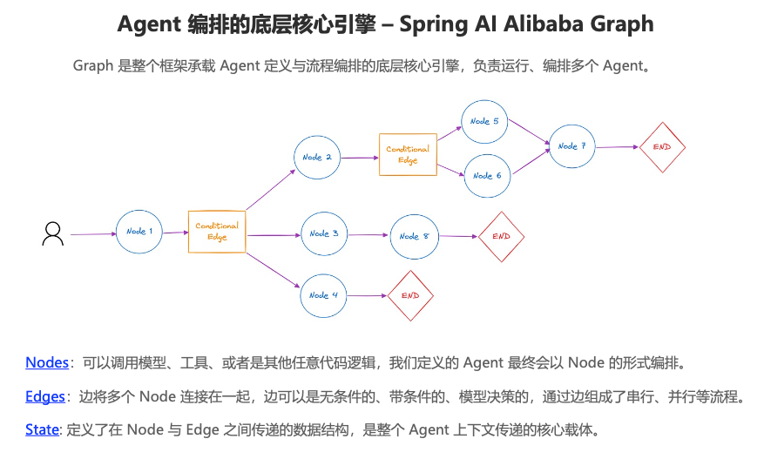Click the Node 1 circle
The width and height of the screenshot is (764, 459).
140,232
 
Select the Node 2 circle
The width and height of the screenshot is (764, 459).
317,158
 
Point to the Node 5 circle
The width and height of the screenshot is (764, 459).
485,122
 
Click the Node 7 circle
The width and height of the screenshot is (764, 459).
571,146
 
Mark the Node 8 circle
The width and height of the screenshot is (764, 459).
414,236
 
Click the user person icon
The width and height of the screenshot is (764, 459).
53,233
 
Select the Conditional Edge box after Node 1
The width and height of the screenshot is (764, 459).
217,232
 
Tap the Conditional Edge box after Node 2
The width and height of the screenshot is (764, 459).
408,154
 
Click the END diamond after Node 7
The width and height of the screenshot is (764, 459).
662,146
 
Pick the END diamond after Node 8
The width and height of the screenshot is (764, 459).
501,236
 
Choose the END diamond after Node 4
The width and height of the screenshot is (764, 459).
410,295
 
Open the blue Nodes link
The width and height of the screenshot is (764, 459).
47,362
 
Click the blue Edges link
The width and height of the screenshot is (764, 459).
45,396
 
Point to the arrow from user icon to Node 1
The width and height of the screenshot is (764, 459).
92,234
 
